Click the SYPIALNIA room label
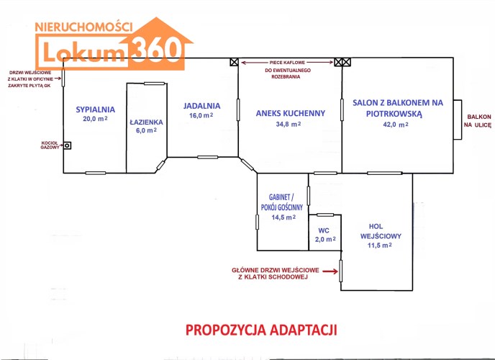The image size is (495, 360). click(96, 109)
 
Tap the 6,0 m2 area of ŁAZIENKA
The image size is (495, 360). click(146, 130)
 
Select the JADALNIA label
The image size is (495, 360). click(201, 106)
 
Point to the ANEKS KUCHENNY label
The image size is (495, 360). click(291, 113)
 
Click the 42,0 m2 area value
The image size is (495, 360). click(396, 125)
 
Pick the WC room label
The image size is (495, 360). click(324, 230)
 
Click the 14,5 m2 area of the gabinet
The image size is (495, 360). click(283, 217)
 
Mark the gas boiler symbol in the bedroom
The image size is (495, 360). click(67, 145)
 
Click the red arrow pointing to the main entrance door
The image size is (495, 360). click(330, 271)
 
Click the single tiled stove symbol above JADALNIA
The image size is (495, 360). click(234, 62)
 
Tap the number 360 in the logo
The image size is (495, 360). click(156, 49)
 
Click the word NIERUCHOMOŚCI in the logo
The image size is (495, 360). click(83, 27)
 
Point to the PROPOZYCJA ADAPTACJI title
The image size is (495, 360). click(261, 330)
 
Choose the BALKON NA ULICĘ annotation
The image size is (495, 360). click(477, 121)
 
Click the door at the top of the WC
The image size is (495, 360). click(325, 215)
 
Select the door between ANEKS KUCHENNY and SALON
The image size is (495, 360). click(342, 109)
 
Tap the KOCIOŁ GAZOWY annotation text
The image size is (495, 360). click(50, 145)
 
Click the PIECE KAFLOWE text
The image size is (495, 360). click(287, 63)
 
